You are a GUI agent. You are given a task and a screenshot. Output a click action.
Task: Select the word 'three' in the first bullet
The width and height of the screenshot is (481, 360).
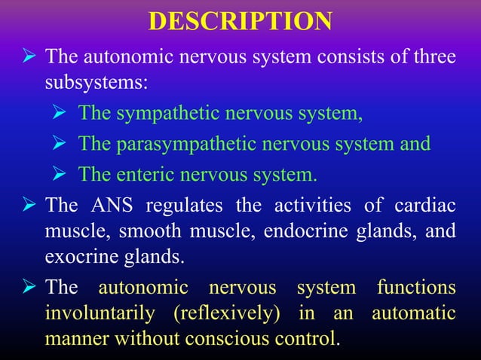point(434,57)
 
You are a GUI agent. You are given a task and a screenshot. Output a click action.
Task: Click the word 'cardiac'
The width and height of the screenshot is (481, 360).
point(428,205)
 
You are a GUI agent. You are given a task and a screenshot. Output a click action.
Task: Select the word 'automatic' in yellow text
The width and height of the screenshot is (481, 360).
point(413,313)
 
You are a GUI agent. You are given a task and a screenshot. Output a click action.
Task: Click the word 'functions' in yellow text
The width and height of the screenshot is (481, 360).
point(416,287)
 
